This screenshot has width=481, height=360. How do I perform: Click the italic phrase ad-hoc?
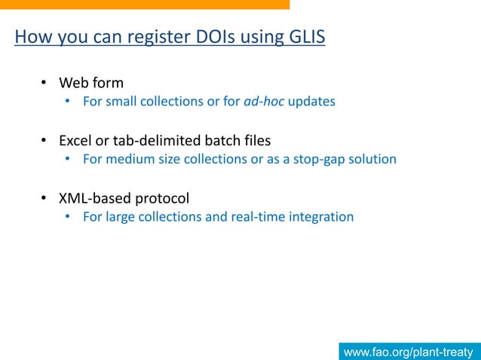264,102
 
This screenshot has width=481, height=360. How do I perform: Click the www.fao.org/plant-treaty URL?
408,352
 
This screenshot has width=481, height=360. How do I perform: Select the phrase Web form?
91,83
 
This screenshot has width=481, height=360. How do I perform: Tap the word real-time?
245,217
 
